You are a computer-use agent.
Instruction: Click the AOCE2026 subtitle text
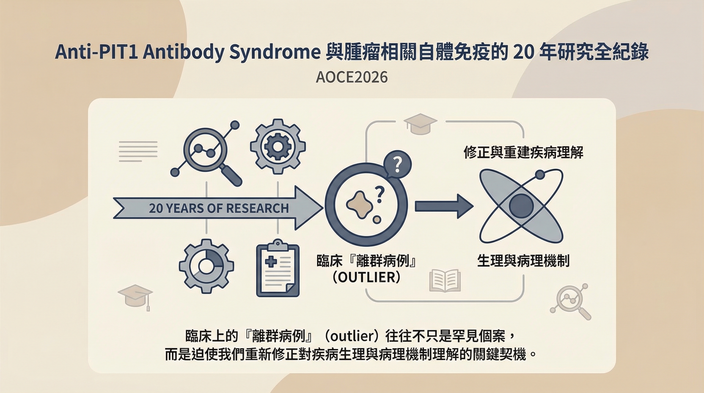pos(352,77)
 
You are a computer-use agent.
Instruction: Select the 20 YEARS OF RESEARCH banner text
pos(219,208)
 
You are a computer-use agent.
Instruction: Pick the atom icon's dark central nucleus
pos(522,206)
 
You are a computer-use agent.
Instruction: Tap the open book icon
pos(445,280)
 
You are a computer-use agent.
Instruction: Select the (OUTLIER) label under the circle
pos(367,277)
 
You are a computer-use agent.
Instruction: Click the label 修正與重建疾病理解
pos(524,152)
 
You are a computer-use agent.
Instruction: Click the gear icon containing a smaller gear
pos(278,147)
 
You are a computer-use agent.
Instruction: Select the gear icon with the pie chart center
pos(207,266)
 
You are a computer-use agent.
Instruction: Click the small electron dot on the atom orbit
pos(540,175)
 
